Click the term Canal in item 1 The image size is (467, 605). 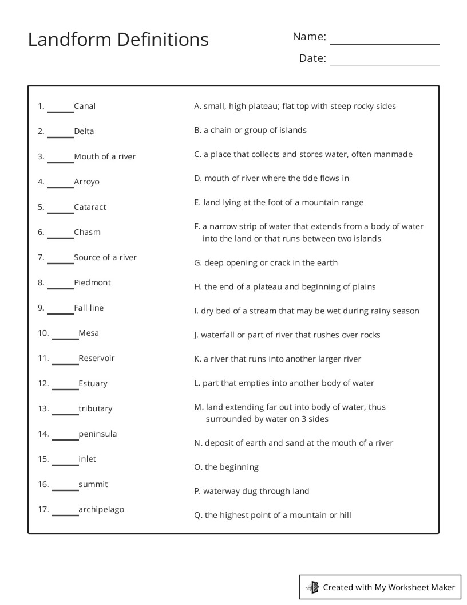click(x=85, y=106)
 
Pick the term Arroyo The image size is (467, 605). click(x=86, y=182)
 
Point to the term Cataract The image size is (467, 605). click(x=90, y=207)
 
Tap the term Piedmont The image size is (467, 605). click(x=92, y=282)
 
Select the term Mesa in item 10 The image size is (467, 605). click(x=89, y=333)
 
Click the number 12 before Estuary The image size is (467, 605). click(x=43, y=383)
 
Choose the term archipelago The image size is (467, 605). click(x=101, y=509)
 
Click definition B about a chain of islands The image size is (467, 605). click(x=250, y=130)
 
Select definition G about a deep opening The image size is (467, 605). click(x=266, y=262)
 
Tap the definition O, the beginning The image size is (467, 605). click(x=226, y=467)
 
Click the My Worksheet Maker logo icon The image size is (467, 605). click(x=312, y=587)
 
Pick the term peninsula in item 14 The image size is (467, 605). click(x=98, y=434)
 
